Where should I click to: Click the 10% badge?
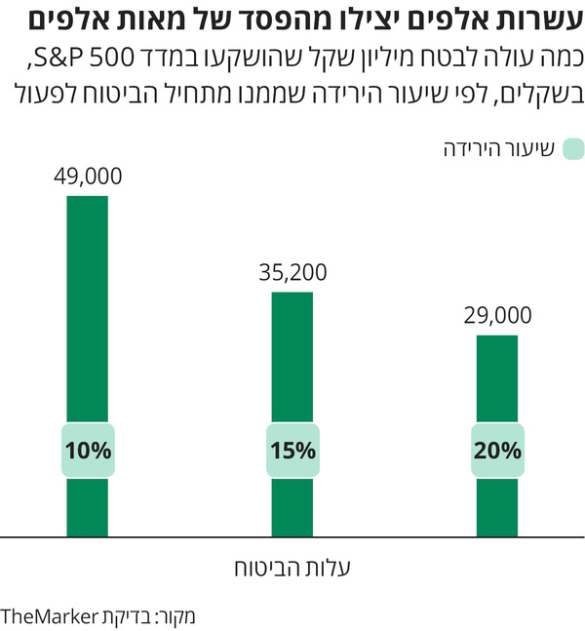pos(88,451)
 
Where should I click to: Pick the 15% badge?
pos(292,451)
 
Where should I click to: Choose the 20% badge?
pos(497,451)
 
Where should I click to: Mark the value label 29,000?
pos(497,315)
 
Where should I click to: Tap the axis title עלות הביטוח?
pos(292,567)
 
